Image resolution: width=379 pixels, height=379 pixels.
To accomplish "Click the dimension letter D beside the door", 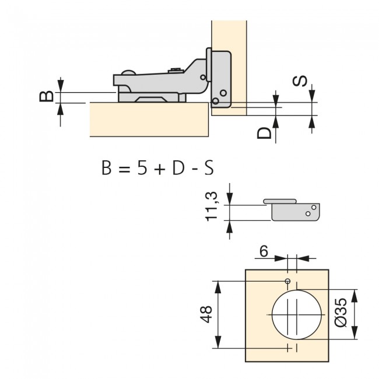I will (x=265, y=132).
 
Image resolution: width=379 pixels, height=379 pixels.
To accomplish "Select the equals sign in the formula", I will (x=122, y=169).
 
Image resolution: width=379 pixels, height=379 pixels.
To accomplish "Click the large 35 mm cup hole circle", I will (x=296, y=313).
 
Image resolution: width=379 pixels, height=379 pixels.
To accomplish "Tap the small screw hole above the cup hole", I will (x=287, y=282).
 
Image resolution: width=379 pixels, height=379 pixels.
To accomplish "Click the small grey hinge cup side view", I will (x=294, y=210).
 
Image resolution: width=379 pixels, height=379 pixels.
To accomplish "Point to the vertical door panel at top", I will (x=229, y=35).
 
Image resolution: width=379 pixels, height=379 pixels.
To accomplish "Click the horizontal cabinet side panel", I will (x=149, y=120).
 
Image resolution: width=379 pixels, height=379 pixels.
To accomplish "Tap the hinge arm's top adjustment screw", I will (x=174, y=72).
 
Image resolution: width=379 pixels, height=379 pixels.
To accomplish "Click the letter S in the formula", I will (x=209, y=169).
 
